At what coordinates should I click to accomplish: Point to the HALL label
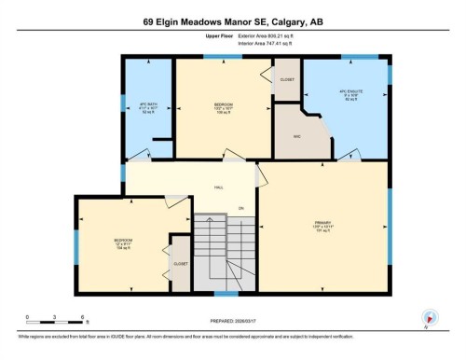click(218, 187)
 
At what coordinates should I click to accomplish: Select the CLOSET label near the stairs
click(180, 263)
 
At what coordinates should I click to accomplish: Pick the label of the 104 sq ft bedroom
click(124, 243)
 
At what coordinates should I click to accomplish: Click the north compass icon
click(429, 317)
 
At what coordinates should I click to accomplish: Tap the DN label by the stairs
click(240, 207)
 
